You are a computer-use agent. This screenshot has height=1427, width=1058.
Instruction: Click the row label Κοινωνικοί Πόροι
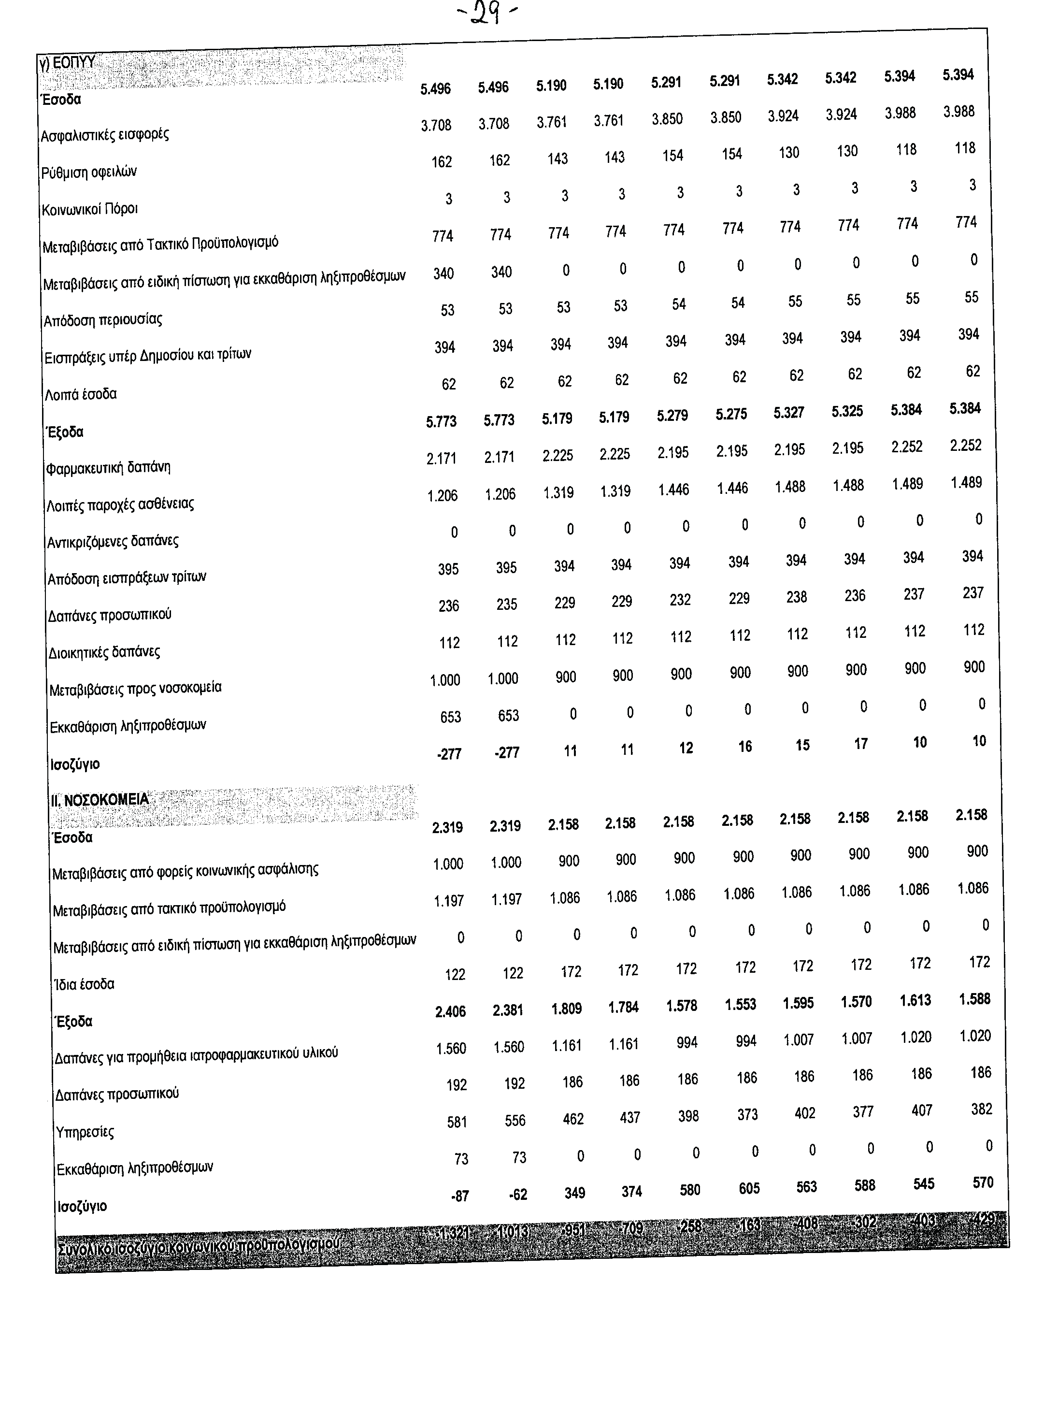90,209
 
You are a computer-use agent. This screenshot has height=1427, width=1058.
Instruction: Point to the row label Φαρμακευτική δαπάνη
108,467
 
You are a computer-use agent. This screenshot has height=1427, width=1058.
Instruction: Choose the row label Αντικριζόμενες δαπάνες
113,541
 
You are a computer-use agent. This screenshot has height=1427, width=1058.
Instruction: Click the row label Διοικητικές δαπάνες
104,652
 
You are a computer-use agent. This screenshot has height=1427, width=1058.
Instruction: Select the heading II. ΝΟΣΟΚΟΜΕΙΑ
100,799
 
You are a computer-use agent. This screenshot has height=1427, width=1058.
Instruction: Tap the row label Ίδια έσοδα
85,984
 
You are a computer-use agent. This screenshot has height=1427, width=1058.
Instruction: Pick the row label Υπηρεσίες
85,1132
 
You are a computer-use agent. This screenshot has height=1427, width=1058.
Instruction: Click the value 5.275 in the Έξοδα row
731,415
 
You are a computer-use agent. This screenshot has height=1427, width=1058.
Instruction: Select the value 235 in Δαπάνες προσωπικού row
507,604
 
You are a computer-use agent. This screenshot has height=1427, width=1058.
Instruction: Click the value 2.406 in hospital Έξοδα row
450,1011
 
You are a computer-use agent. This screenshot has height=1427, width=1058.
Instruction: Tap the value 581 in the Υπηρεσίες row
457,1122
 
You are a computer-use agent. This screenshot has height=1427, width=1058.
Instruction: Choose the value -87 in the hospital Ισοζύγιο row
459,1195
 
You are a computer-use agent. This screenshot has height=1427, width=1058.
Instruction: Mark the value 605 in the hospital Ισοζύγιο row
749,1189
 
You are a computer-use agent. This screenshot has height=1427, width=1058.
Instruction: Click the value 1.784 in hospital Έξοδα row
623,1008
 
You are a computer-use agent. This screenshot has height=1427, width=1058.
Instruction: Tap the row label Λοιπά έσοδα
81,394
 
